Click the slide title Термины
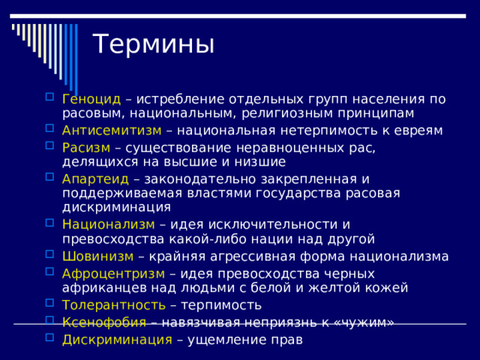[x=153, y=44]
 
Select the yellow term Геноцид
[x=91, y=99]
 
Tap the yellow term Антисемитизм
[x=112, y=130]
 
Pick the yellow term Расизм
[x=86, y=148]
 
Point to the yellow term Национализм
[x=108, y=225]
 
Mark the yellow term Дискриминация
[x=117, y=339]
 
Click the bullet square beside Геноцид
[x=49, y=97]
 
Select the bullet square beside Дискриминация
[x=49, y=338]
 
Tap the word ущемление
[x=229, y=339]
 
